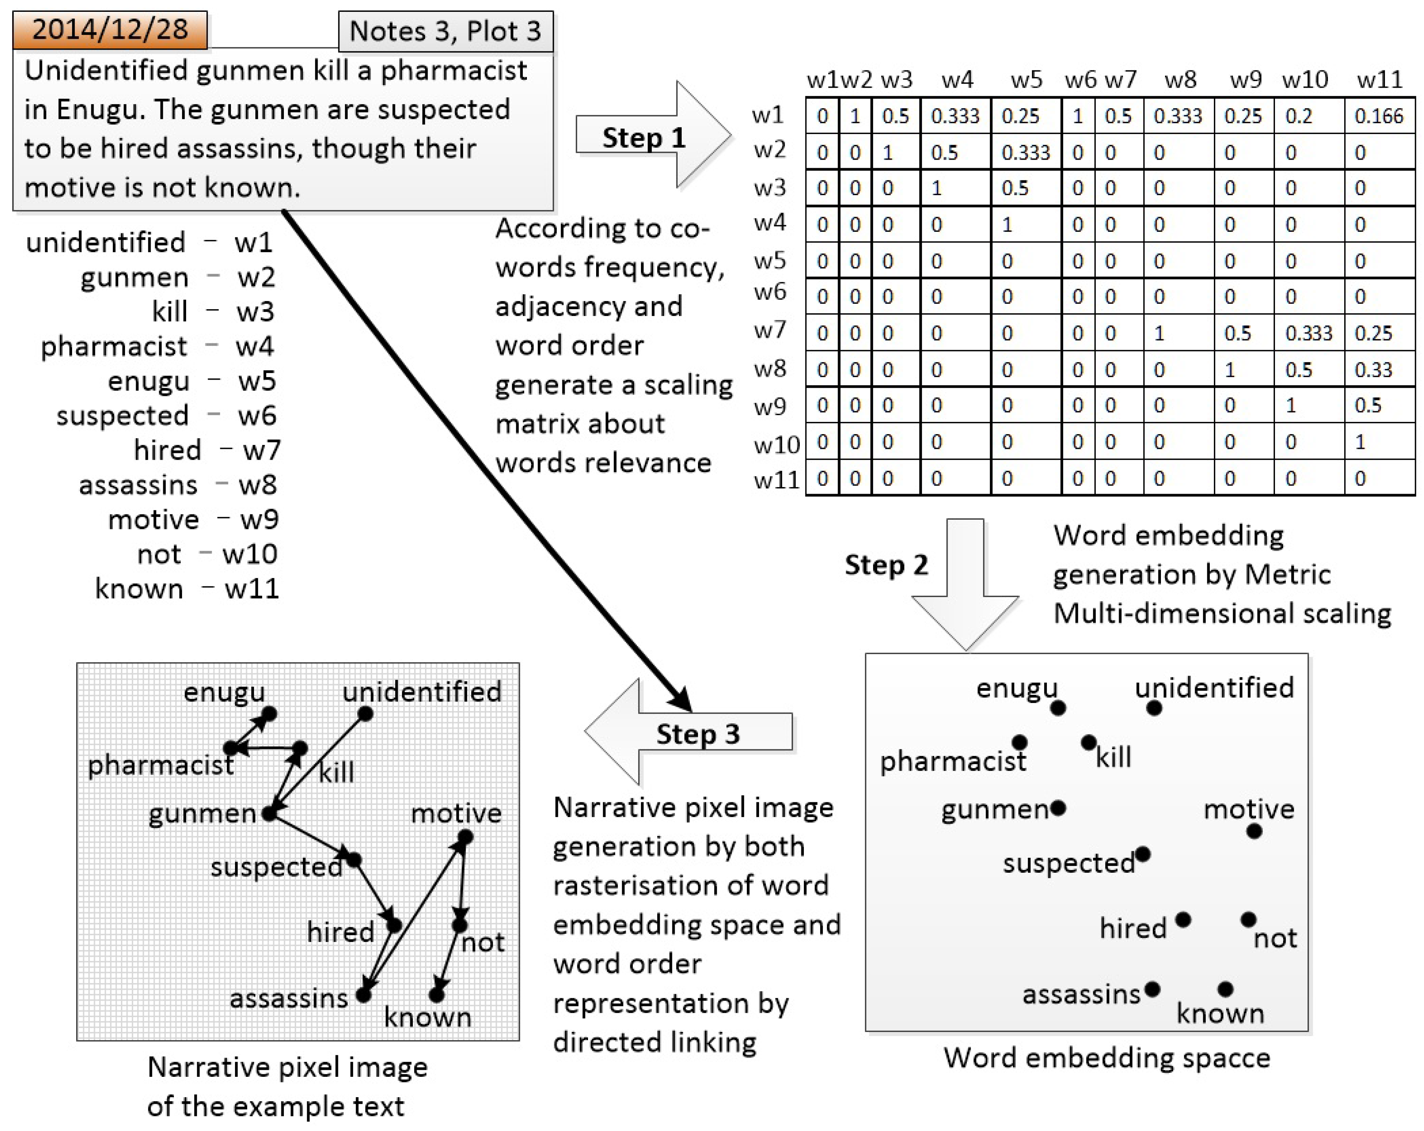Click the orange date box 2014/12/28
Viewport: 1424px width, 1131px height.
pos(110,30)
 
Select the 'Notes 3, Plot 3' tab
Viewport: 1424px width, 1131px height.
pos(445,31)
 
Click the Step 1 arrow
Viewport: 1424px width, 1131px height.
pos(651,136)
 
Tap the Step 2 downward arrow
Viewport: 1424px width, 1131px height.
pos(965,581)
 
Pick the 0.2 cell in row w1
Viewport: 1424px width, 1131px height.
pos(1299,116)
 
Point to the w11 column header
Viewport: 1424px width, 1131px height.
pos(1379,80)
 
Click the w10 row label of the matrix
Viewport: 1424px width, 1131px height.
pos(777,444)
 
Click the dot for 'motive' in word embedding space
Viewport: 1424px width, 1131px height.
pos(1254,831)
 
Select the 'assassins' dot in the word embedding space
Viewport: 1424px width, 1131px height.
pos(1152,989)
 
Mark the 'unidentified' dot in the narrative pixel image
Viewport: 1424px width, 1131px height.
pos(365,714)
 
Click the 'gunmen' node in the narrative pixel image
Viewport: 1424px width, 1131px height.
pos(269,813)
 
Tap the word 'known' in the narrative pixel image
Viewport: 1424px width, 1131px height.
pos(427,1017)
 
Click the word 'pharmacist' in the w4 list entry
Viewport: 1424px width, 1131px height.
pos(114,346)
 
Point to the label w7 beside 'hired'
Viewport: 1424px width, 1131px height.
pos(261,450)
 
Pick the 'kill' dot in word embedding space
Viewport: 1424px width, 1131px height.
pos(1088,742)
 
